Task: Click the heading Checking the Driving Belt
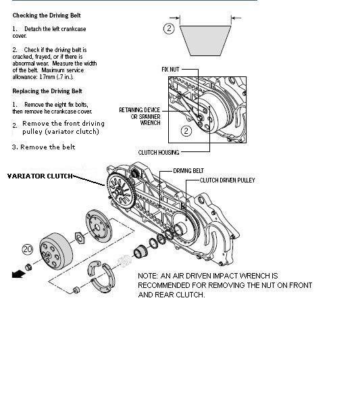click(47, 16)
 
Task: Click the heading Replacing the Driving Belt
click(47, 91)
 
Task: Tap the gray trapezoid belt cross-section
click(205, 41)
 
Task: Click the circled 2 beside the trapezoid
click(169, 28)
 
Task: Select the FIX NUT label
click(170, 70)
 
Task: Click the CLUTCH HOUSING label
click(159, 153)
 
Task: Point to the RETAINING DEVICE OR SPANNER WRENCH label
click(140, 116)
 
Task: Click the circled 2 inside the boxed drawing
click(186, 130)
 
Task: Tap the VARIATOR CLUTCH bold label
click(40, 176)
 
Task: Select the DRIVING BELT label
click(188, 171)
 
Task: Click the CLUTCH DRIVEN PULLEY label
click(227, 180)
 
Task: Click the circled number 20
click(28, 249)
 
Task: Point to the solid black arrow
click(18, 274)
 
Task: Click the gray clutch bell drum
click(56, 251)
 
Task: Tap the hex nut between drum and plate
click(80, 238)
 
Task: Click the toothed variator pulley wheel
click(122, 191)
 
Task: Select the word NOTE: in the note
click(148, 276)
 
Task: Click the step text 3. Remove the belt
click(44, 147)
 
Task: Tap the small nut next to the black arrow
click(28, 267)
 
